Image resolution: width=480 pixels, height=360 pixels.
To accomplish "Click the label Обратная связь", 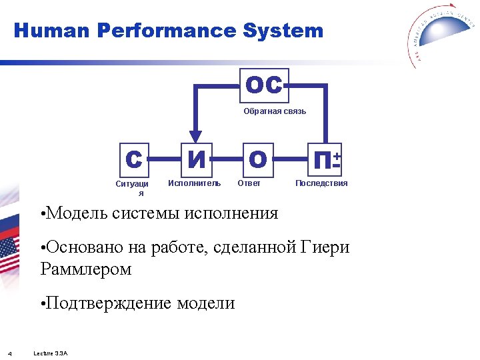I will (x=275, y=111).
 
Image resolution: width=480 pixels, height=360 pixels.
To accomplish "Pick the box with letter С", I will (x=134, y=159).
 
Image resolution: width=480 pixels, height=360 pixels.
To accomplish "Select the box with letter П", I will (x=326, y=159).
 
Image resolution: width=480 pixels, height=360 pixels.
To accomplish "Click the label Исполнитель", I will (x=194, y=183).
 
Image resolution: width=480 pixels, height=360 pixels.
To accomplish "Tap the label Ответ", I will (x=249, y=183).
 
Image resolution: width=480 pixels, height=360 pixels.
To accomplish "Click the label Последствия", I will (x=321, y=183).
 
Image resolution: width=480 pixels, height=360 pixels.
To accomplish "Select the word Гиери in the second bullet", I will (x=325, y=248).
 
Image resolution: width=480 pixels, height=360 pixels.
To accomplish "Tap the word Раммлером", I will (x=86, y=269).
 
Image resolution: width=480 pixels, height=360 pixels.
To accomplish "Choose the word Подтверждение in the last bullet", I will (x=109, y=303).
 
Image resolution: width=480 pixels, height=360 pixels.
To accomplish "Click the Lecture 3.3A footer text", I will (x=51, y=353).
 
